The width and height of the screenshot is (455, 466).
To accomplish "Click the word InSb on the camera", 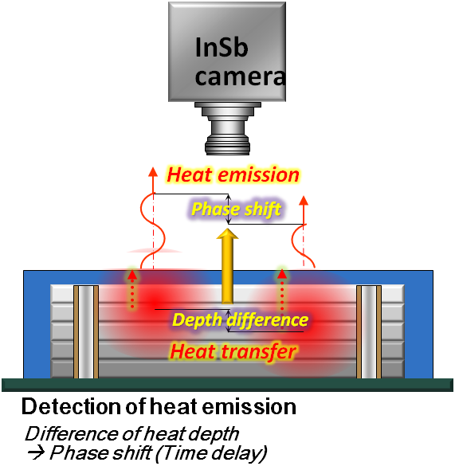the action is click(x=222, y=48).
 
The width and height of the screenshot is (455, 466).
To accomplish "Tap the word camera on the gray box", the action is click(x=241, y=76).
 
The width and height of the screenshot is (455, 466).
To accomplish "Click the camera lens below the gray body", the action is click(x=228, y=128).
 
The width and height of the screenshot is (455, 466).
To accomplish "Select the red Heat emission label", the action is click(x=233, y=174).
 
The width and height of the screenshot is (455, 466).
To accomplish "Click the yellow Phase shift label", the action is click(x=236, y=210).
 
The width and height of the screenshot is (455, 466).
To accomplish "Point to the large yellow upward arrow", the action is click(x=228, y=266).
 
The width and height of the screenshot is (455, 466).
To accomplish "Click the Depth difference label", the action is click(x=241, y=320).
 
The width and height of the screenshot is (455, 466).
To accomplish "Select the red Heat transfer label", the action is click(x=233, y=351).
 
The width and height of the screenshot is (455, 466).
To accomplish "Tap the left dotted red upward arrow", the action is click(x=132, y=288).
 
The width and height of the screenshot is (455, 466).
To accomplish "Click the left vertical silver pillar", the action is click(x=86, y=331).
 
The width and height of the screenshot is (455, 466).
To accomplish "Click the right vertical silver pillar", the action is click(x=369, y=331).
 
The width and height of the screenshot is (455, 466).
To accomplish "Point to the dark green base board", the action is click(x=228, y=385).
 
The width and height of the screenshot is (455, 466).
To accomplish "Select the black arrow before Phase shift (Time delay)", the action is click(x=37, y=453).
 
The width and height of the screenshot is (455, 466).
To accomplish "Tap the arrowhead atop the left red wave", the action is click(x=153, y=172).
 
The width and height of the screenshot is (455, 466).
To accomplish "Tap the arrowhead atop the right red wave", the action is click(x=304, y=201).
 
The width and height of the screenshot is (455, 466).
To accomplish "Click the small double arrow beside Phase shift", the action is click(x=229, y=210).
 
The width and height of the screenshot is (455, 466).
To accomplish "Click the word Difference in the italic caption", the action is click(x=72, y=434).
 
